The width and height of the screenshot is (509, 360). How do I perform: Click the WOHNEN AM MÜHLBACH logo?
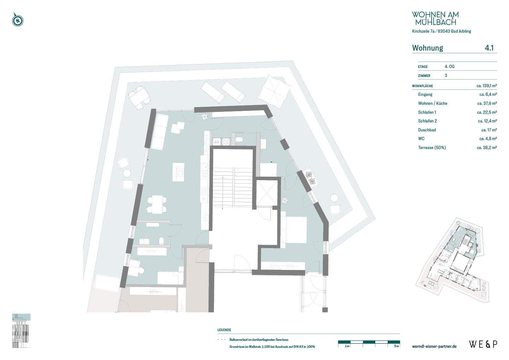point(435,18)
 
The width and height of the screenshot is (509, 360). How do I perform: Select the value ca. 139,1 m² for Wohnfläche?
point(486,86)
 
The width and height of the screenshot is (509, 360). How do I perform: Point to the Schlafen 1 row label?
point(427,112)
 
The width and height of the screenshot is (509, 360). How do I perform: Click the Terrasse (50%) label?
point(432,148)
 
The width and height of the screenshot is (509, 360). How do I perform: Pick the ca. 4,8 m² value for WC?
point(488,139)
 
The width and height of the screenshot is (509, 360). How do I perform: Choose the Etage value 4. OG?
point(449,66)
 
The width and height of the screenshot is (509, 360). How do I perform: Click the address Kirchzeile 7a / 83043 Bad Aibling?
point(441,31)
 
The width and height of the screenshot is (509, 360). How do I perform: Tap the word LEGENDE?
point(224,330)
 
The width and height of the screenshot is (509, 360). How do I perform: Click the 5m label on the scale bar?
point(397,346)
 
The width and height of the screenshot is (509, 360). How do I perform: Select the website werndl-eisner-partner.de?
point(434,346)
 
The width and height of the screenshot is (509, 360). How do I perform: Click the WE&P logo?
point(483,344)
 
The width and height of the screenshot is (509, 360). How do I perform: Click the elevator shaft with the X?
point(267,193)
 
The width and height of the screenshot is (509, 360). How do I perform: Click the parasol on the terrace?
point(275,91)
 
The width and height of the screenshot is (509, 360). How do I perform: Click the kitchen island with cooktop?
point(179,172)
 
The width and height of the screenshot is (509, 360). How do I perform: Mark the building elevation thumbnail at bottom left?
point(21,330)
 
